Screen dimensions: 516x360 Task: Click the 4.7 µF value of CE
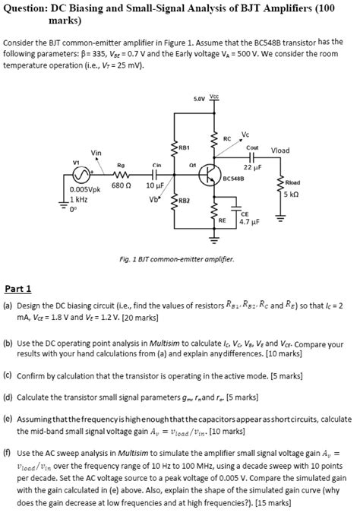[249, 223]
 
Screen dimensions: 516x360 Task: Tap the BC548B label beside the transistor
[235, 179]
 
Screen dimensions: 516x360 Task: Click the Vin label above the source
[96, 152]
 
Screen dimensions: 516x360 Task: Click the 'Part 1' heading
[18, 288]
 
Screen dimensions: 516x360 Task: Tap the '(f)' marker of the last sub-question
[8, 450]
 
